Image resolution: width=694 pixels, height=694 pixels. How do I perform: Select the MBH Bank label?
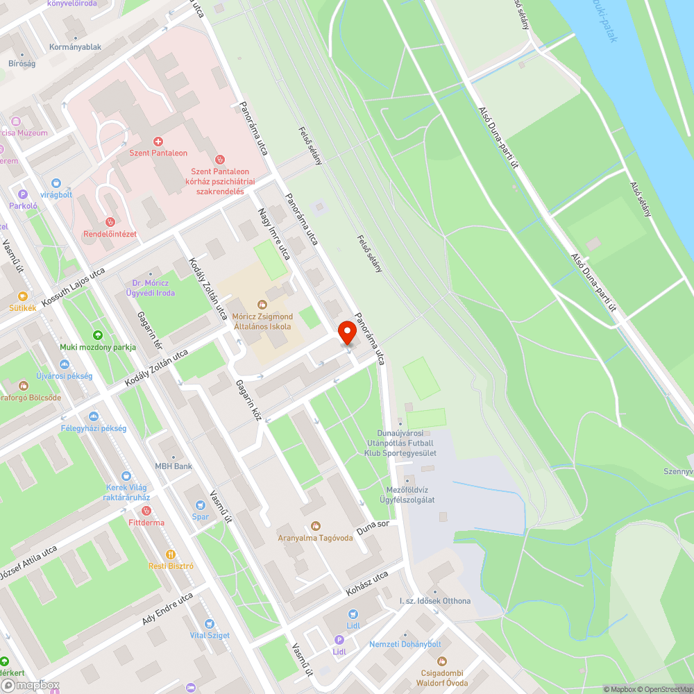coord(173,466)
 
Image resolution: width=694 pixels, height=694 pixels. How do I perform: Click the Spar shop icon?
coord(201,505)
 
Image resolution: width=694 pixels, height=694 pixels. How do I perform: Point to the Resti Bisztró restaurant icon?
coord(171,554)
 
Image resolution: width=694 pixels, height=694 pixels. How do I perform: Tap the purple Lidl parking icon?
coord(339,640)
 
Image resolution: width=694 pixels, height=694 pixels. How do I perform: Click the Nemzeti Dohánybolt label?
coord(405,644)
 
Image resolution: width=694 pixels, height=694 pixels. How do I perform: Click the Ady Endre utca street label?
coord(167,609)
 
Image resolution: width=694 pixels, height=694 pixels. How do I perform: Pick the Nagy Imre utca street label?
coord(273,233)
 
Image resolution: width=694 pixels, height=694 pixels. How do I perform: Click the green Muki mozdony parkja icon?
coord(97,335)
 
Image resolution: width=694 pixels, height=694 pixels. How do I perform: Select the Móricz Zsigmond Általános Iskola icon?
coord(262,304)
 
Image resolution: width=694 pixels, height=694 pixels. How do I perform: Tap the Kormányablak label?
coord(76,47)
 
